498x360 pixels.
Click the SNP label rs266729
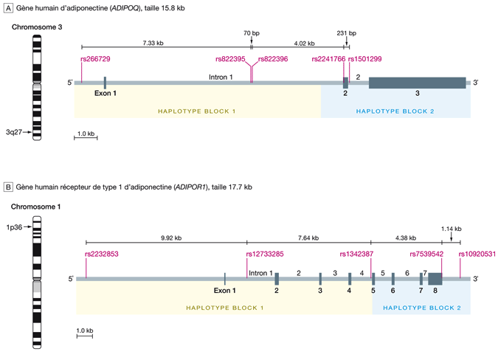point(95,58)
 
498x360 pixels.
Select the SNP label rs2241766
point(328,58)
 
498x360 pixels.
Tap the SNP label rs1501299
point(364,58)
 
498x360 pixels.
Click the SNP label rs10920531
point(476,255)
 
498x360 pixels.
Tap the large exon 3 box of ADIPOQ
point(417,83)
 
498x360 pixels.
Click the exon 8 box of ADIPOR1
point(435,279)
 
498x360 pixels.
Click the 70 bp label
point(252,32)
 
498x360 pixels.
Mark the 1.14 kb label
point(452,229)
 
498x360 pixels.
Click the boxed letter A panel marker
point(8,7)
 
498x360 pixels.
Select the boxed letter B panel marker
point(8,187)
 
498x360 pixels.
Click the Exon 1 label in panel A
point(106,93)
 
